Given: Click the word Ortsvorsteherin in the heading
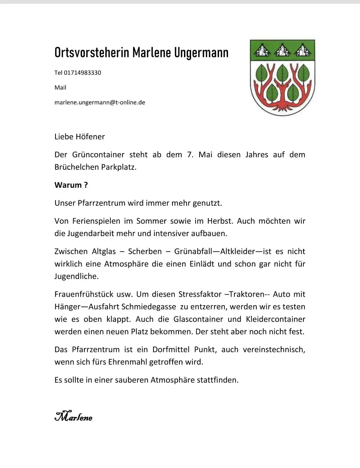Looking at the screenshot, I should (x=92, y=53).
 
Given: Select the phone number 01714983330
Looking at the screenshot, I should (x=82, y=73).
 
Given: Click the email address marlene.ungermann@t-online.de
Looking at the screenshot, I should (x=100, y=102).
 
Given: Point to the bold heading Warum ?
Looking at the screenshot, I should (x=71, y=185).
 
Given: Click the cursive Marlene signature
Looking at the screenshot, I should (x=73, y=416).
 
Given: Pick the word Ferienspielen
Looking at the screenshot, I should (x=96, y=221).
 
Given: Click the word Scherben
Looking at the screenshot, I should (x=145, y=252).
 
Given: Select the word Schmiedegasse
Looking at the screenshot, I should (x=149, y=307).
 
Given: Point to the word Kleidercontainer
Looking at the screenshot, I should (x=275, y=319).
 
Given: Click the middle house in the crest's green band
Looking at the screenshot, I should (x=282, y=50).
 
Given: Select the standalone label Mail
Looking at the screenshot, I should (x=60, y=88).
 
